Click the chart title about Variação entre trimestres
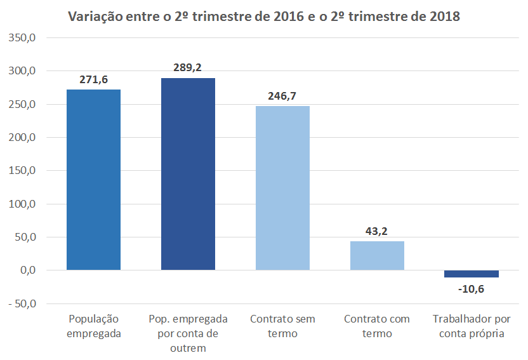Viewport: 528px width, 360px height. (x=264, y=17)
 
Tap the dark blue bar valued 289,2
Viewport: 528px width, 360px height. (x=188, y=174)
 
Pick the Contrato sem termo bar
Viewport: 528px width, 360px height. (x=282, y=188)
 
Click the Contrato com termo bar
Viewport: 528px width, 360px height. (x=377, y=255)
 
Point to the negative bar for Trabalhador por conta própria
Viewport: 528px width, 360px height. (x=471, y=274)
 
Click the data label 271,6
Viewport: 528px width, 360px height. (x=93, y=79)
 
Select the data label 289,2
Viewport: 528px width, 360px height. (x=188, y=67)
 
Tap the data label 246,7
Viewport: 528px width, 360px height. (x=282, y=96)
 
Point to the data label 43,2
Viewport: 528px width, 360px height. (x=377, y=231)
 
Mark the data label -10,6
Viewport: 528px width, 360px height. (x=471, y=289)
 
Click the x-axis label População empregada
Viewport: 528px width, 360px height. (x=93, y=326)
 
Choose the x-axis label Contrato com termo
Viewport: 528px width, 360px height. (x=377, y=326)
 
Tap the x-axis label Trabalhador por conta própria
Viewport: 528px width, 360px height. (x=471, y=326)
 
